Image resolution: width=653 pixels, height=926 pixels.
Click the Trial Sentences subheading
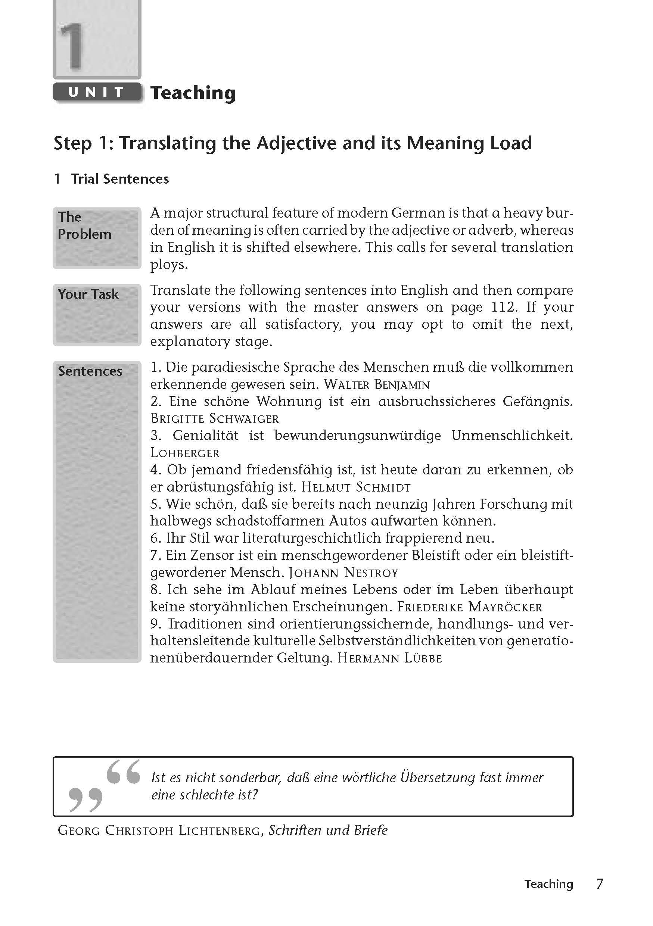click(x=119, y=179)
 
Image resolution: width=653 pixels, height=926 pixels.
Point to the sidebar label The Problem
click(x=84, y=225)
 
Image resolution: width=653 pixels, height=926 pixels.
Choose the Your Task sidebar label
click(x=88, y=294)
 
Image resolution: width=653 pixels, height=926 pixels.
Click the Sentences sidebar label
click(x=90, y=371)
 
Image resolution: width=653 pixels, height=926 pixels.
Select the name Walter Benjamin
click(x=377, y=384)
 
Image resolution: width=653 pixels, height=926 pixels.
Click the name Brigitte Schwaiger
click(x=215, y=419)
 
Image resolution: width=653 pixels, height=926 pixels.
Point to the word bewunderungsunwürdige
click(x=357, y=436)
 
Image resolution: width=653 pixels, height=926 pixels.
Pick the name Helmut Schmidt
click(x=356, y=487)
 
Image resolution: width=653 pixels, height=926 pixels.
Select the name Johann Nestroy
click(x=343, y=573)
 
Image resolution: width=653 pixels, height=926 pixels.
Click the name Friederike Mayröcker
click(x=469, y=607)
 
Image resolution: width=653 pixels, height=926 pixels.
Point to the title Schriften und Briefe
click(x=328, y=830)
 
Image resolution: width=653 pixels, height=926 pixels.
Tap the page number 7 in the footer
click(x=599, y=884)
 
